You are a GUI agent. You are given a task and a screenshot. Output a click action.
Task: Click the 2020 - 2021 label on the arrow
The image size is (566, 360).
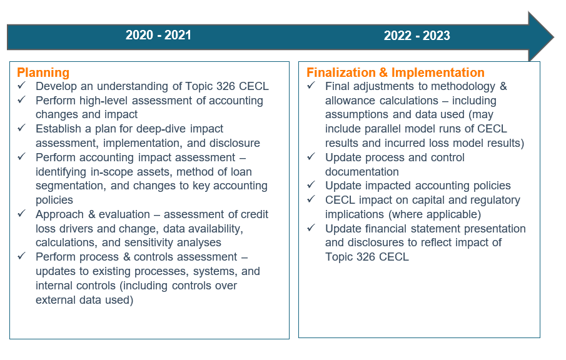coord(158,35)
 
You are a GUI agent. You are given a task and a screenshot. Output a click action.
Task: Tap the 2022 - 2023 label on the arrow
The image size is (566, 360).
coord(417,36)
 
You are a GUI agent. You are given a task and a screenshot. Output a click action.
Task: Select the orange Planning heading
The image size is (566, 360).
coord(43,72)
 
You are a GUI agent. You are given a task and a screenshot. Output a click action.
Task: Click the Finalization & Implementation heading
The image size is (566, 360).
coord(395,72)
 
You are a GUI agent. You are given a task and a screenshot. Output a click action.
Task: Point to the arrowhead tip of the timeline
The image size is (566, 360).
coord(553,36)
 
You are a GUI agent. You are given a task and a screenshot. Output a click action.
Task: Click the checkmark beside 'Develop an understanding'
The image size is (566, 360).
coord(22,85)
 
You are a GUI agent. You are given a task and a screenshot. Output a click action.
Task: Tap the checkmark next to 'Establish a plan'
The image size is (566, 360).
coord(22,127)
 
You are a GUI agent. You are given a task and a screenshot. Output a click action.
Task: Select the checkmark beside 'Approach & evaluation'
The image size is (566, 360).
coord(22,213)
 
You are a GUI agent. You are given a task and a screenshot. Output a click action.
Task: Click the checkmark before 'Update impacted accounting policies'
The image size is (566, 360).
coord(311,185)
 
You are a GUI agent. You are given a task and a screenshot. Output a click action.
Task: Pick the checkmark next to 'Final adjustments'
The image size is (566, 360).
coord(311,85)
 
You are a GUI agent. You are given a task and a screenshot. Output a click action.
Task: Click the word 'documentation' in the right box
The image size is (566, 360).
coord(361,172)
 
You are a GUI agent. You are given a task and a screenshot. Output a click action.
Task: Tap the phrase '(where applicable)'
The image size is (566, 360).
coord(435,214)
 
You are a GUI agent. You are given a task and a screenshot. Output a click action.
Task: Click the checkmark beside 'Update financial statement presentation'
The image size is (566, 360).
coord(311,227)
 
